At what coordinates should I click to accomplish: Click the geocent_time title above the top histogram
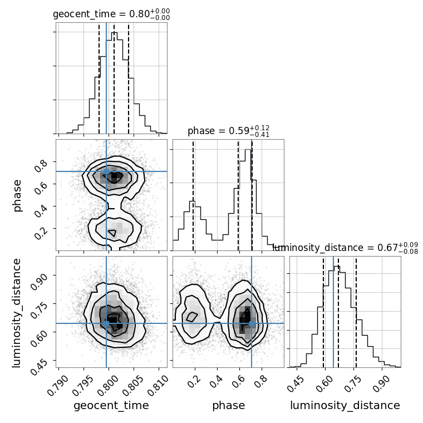111,14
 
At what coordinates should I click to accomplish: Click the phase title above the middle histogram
228,131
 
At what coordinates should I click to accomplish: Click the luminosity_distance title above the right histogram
345,247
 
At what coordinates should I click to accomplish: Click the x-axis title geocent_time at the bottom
111,406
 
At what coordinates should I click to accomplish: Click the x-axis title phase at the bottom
228,406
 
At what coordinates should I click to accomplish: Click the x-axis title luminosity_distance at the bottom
345,406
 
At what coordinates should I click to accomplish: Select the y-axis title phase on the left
17,195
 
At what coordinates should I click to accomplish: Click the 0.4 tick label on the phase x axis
215,380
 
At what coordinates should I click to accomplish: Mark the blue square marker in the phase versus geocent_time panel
106,171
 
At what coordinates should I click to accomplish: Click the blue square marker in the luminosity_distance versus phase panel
252,323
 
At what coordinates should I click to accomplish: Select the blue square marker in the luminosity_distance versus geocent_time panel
106,323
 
